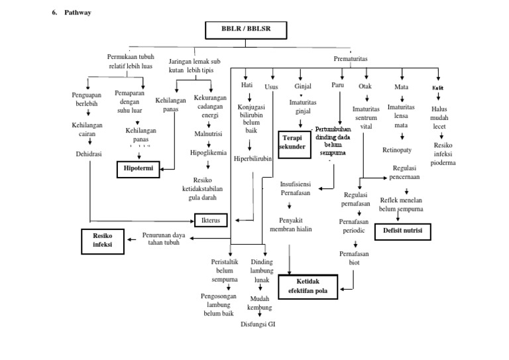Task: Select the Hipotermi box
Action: pyautogui.click(x=139, y=169)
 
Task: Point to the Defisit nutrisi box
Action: pyautogui.click(x=403, y=231)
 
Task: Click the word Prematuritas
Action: pyautogui.click(x=351, y=59)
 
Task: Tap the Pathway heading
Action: pyautogui.click(x=78, y=13)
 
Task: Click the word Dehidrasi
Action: pyautogui.click(x=89, y=154)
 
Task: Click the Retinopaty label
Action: pyautogui.click(x=398, y=150)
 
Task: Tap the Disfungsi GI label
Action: pyautogui.click(x=258, y=325)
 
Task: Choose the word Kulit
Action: pyautogui.click(x=438, y=87)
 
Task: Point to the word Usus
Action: pyautogui.click(x=272, y=86)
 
